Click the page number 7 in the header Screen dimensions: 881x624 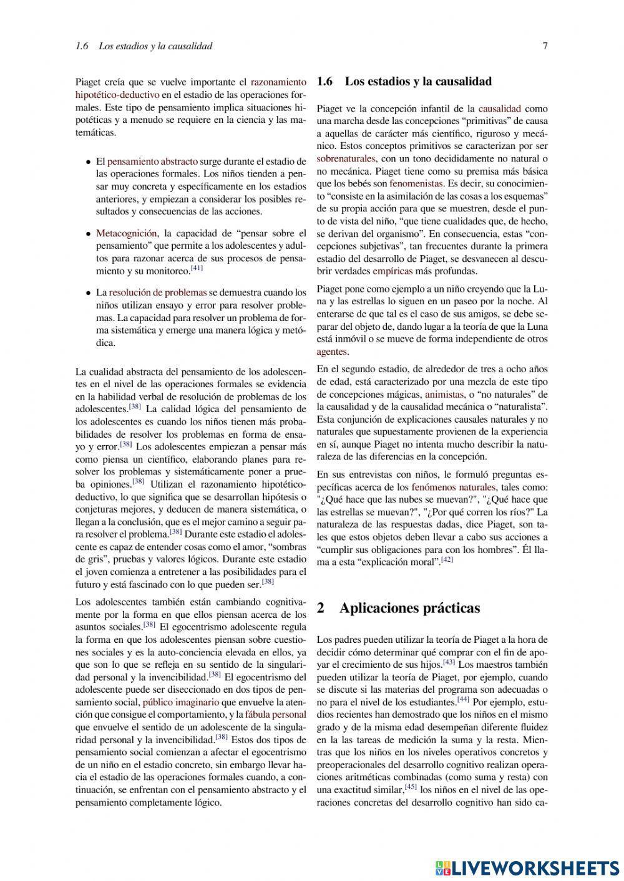545,46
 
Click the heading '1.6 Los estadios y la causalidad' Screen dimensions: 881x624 404,82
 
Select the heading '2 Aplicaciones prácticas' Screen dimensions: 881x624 399,608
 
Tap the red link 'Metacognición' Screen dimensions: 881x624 126,233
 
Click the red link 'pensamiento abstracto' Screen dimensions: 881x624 152,161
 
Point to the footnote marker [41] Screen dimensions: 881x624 197,269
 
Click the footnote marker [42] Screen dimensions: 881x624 447,560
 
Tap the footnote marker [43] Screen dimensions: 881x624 449,662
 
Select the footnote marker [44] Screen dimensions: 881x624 463,700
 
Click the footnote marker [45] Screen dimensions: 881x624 411,787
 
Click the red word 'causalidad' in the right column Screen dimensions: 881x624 499,108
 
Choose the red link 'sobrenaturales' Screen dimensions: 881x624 346,158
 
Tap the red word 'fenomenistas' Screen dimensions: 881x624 416,183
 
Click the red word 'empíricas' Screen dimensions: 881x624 392,271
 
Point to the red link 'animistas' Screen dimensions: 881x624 444,394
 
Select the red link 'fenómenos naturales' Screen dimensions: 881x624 454,487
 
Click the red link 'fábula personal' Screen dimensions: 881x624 276,715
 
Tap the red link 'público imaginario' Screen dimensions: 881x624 181,702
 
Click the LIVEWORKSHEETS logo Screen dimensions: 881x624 527,867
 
